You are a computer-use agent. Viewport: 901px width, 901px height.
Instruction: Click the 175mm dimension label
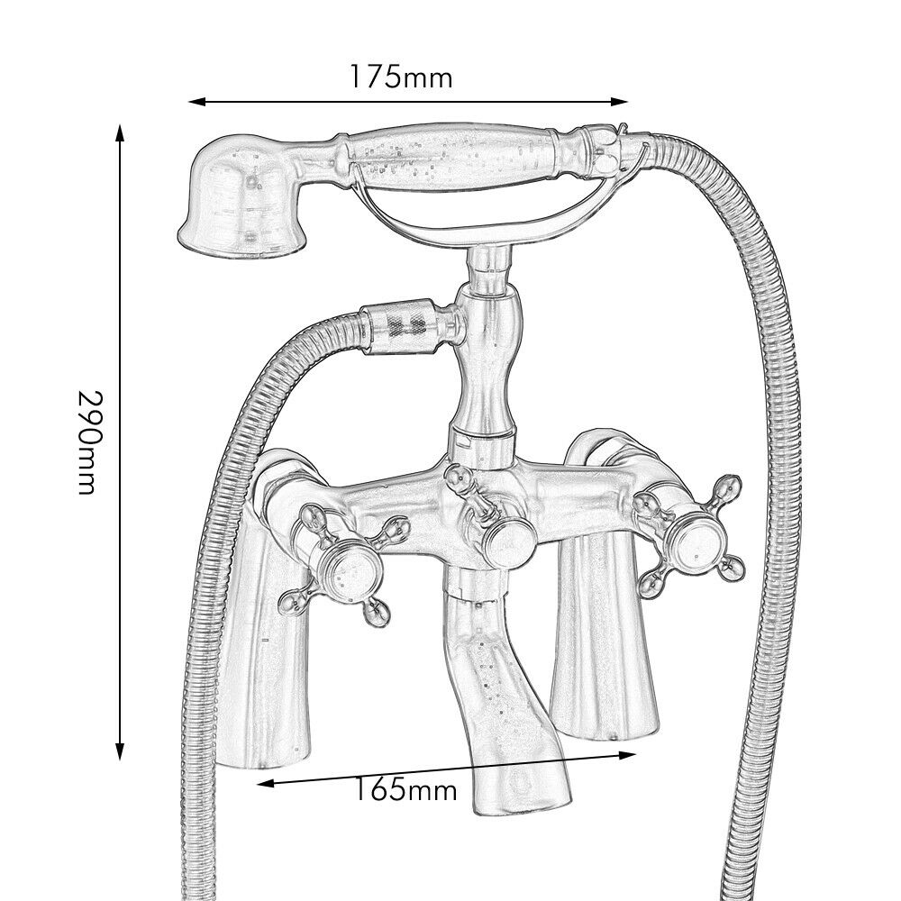coord(401,77)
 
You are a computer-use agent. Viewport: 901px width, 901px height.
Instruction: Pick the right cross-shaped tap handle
coord(692,540)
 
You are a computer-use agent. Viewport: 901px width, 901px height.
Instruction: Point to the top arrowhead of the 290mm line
coord(120,132)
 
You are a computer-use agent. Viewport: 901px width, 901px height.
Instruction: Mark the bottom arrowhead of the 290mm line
coord(120,754)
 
